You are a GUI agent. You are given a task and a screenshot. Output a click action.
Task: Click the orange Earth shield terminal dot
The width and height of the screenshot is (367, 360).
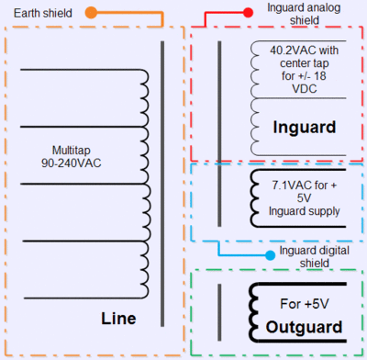click(x=91, y=13)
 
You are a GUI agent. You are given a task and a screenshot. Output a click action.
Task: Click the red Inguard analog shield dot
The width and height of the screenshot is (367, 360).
click(x=248, y=13)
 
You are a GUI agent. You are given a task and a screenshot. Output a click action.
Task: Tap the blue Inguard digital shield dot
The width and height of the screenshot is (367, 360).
click(x=270, y=255)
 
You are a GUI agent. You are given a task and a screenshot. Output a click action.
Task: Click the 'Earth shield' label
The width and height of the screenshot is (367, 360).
click(x=43, y=13)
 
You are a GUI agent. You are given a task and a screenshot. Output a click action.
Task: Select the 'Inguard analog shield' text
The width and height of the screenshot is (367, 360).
click(x=304, y=14)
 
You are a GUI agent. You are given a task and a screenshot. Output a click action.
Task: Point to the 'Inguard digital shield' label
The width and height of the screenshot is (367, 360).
click(x=315, y=256)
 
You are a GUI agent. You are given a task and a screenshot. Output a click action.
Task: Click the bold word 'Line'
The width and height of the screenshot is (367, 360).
click(x=118, y=319)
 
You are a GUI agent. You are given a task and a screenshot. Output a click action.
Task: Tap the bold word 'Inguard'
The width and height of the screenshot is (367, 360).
click(x=305, y=127)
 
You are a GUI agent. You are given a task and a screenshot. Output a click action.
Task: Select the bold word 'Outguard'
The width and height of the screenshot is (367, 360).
click(x=304, y=327)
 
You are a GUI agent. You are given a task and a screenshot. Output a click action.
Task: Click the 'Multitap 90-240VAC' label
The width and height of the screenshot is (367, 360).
click(x=72, y=156)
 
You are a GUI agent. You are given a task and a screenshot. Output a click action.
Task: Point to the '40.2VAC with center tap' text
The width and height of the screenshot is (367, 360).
click(x=305, y=57)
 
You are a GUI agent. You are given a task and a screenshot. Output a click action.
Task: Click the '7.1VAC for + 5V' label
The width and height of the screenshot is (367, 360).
click(x=305, y=191)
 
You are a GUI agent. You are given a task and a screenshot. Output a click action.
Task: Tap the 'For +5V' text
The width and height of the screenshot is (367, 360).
click(x=305, y=304)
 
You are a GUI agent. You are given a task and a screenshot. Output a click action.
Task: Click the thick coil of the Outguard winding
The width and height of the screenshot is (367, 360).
click(x=253, y=313)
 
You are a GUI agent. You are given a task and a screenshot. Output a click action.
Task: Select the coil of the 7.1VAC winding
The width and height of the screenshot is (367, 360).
click(x=254, y=198)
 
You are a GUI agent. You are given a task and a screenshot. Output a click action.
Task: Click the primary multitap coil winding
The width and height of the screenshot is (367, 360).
click(x=146, y=184)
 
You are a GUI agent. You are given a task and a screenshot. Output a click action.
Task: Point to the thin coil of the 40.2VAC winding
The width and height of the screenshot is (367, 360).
click(x=254, y=98)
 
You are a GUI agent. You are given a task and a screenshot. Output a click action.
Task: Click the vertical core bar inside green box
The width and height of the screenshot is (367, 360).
click(x=219, y=312)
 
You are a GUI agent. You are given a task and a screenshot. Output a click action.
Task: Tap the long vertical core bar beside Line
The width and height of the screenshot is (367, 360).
click(x=162, y=184)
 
